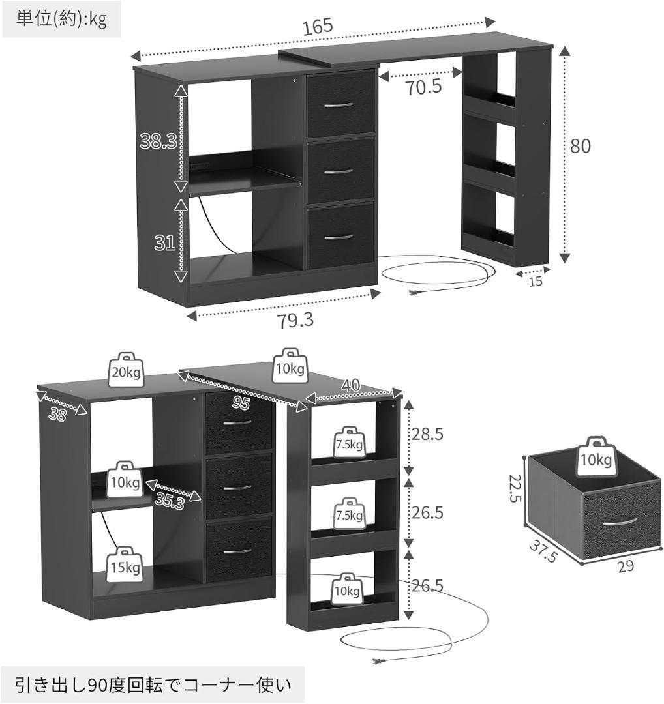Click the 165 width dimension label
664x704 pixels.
point(318,26)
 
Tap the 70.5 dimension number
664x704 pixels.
point(424,87)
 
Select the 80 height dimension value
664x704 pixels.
point(580,147)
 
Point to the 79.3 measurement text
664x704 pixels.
point(295,321)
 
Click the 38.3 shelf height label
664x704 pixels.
point(158,141)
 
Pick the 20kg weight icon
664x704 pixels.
point(126,370)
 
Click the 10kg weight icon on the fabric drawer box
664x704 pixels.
point(596,456)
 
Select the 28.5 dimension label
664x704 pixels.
point(428,433)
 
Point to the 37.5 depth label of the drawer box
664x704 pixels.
point(543,550)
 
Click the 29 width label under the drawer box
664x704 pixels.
point(626,566)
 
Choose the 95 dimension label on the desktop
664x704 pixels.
point(241,403)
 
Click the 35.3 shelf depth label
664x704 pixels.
point(170,500)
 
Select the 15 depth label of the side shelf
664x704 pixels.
point(536,282)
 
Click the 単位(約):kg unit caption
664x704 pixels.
point(61,20)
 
